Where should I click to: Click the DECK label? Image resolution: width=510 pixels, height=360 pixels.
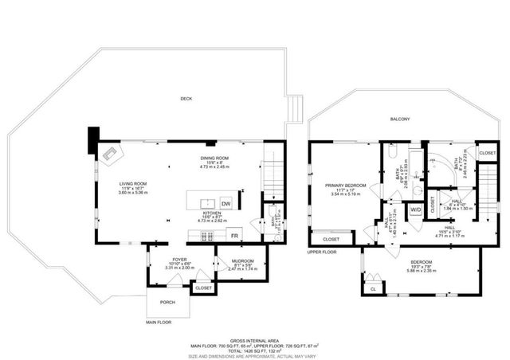(186, 99)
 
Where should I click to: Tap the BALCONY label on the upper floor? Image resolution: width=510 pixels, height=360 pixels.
(400, 119)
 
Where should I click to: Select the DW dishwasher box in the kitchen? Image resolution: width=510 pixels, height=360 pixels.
(226, 202)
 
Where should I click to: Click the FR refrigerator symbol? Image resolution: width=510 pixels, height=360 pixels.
(235, 236)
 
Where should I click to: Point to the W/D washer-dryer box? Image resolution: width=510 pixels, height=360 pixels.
(415, 210)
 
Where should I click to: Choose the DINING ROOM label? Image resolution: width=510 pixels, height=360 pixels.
(214, 158)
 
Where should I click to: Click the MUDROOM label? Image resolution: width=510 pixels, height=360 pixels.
(242, 261)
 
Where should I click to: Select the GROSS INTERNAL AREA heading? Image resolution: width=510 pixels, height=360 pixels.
(254, 338)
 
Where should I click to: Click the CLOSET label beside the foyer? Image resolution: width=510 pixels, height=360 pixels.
(203, 288)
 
